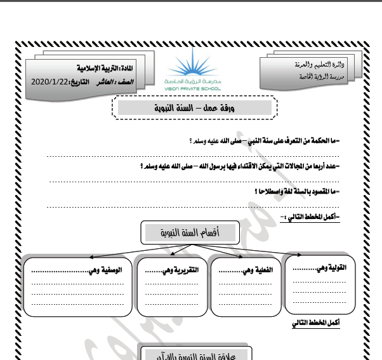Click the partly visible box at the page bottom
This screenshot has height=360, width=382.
click(x=195, y=352)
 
